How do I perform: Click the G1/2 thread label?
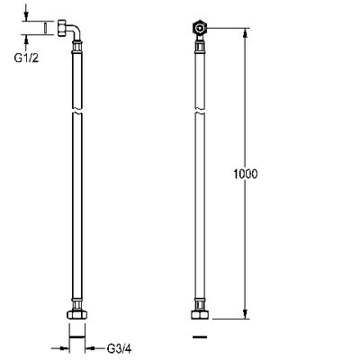[x=26, y=58]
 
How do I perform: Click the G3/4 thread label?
[x=119, y=348]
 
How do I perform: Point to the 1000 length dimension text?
[x=246, y=174]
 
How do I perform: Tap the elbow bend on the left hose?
[x=76, y=32]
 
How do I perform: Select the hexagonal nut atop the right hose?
[x=199, y=28]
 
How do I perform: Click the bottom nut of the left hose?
[x=77, y=315]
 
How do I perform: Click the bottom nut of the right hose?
[x=200, y=315]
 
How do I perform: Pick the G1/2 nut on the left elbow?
[x=61, y=28]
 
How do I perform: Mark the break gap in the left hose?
[x=77, y=111]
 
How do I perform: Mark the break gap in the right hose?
[x=200, y=111]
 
